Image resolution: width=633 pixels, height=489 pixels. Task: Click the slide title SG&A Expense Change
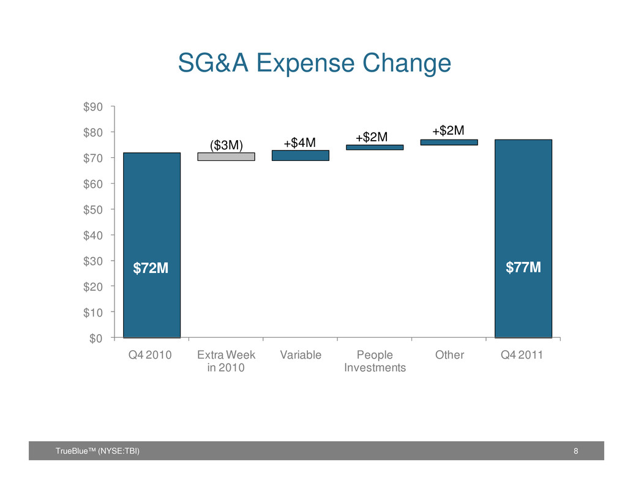pyautogui.click(x=315, y=64)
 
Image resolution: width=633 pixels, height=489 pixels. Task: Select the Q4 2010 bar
pyautogui.click(x=152, y=245)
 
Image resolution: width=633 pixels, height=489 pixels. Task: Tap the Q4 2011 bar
pyautogui.click(x=523, y=239)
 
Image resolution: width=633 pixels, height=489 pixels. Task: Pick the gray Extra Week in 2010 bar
pyautogui.click(x=226, y=157)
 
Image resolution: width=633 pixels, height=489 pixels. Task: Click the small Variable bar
pyautogui.click(x=301, y=155)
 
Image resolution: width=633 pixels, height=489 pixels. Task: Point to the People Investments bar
pyautogui.click(x=375, y=147)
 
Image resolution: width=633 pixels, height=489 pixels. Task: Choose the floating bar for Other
pyautogui.click(x=449, y=142)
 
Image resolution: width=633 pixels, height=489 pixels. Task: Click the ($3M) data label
pyautogui.click(x=227, y=145)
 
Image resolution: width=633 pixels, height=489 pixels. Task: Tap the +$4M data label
pyautogui.click(x=299, y=143)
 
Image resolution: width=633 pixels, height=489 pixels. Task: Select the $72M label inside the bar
pyautogui.click(x=151, y=268)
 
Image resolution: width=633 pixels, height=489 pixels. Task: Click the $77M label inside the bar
pyautogui.click(x=523, y=267)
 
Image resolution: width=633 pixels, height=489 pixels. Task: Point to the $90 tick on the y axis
pyautogui.click(x=93, y=107)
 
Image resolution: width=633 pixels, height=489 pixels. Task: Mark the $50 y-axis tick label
pyautogui.click(x=93, y=210)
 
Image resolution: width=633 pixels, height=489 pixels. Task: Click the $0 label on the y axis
pyautogui.click(x=96, y=338)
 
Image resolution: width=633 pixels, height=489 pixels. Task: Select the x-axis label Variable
pyautogui.click(x=301, y=355)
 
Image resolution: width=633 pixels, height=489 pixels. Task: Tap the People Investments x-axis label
pyautogui.click(x=375, y=361)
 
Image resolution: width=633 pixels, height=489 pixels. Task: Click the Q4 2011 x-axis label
pyautogui.click(x=522, y=355)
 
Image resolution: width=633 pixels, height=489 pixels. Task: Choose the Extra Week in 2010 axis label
pyautogui.click(x=226, y=361)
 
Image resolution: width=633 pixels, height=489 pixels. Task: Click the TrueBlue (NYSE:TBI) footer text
pyautogui.click(x=97, y=451)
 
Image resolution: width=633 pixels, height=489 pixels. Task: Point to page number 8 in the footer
pyautogui.click(x=575, y=451)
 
